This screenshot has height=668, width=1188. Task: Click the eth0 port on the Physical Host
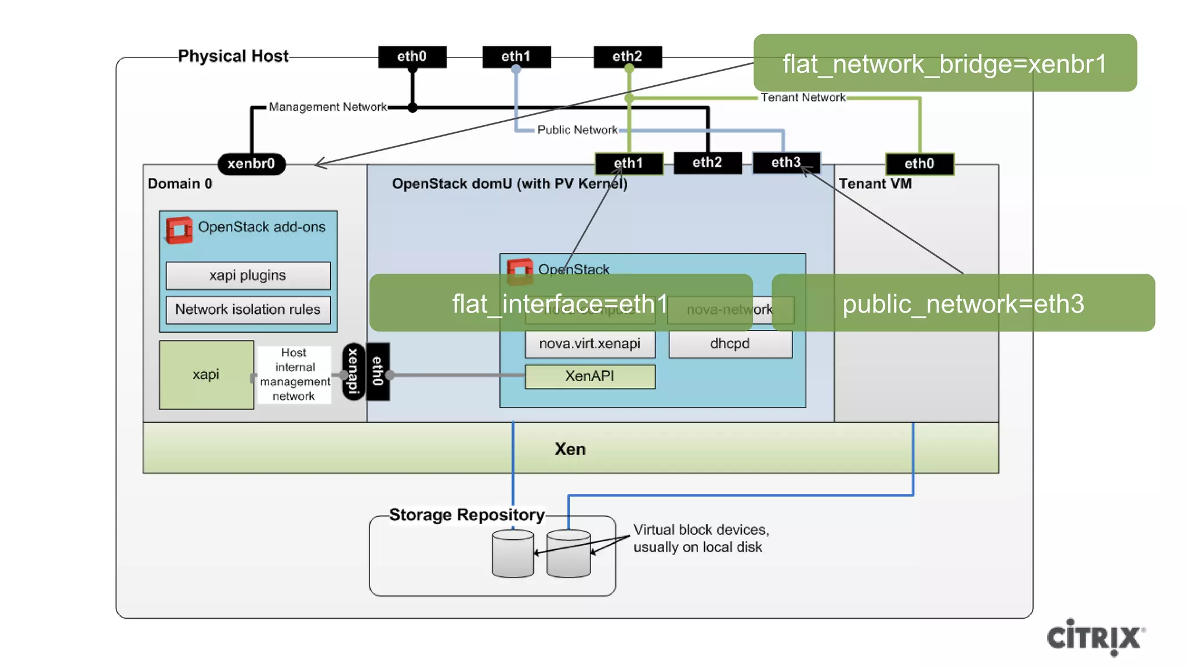pos(412,56)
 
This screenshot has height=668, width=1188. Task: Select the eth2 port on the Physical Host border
pos(627,56)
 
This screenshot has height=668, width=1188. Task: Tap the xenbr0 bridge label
pos(251,164)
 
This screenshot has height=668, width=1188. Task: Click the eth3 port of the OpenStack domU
pos(786,162)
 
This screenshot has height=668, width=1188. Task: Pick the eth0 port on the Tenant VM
pos(919,164)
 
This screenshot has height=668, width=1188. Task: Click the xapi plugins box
pos(248,275)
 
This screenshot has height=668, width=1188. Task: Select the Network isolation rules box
pos(248,310)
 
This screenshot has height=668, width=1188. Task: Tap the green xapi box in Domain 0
pos(206,375)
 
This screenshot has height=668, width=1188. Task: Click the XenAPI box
pos(590,376)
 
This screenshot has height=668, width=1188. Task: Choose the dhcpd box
pos(730,344)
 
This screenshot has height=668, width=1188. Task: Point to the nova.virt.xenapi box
pos(590,344)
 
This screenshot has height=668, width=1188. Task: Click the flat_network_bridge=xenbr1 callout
pos(944,63)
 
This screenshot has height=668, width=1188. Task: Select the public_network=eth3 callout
pos(963,303)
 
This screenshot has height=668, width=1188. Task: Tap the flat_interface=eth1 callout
pos(560,303)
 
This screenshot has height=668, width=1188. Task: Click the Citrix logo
pos(1095,637)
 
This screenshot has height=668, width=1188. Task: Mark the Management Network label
pos(328,107)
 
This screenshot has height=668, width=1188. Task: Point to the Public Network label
pos(577,130)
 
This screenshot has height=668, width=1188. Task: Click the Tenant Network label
pos(803,97)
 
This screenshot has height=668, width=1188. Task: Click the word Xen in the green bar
pos(570,449)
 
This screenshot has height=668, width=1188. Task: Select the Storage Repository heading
pos(466,515)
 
